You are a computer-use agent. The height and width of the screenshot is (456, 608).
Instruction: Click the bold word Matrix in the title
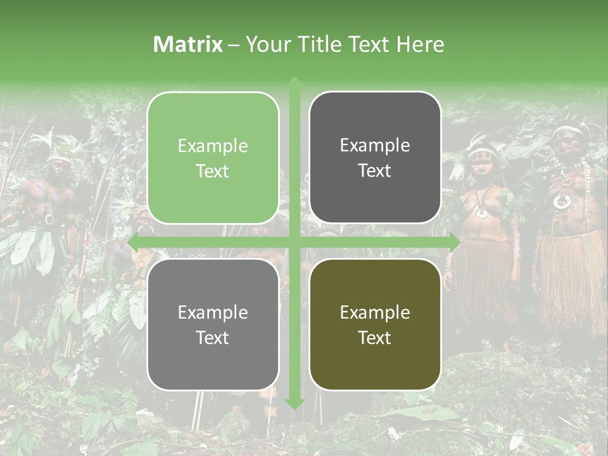(x=188, y=44)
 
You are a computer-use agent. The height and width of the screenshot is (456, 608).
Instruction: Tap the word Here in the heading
(x=420, y=44)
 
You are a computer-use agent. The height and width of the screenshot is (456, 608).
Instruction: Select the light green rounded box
(x=213, y=158)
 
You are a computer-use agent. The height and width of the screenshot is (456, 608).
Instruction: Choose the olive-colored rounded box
(x=375, y=325)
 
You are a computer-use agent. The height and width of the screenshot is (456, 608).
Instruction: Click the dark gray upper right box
(x=375, y=158)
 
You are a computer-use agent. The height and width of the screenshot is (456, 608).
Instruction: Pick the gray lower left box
(x=213, y=325)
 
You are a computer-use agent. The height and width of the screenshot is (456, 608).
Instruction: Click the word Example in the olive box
(x=375, y=312)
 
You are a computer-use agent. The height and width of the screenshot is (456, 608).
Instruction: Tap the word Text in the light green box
(x=213, y=172)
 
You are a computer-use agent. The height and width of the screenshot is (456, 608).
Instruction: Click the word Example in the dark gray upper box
(x=375, y=145)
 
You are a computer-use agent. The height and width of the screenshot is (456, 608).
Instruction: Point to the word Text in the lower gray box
(x=213, y=338)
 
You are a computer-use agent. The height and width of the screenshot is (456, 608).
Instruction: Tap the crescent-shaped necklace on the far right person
(x=561, y=201)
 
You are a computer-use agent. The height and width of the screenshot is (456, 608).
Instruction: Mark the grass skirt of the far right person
(x=573, y=279)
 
